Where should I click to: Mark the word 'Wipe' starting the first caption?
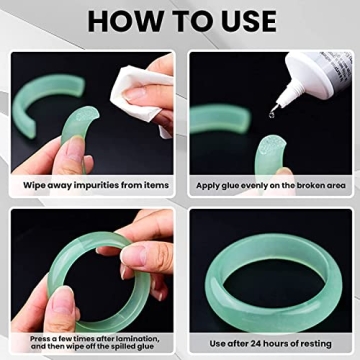pos(36,186)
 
